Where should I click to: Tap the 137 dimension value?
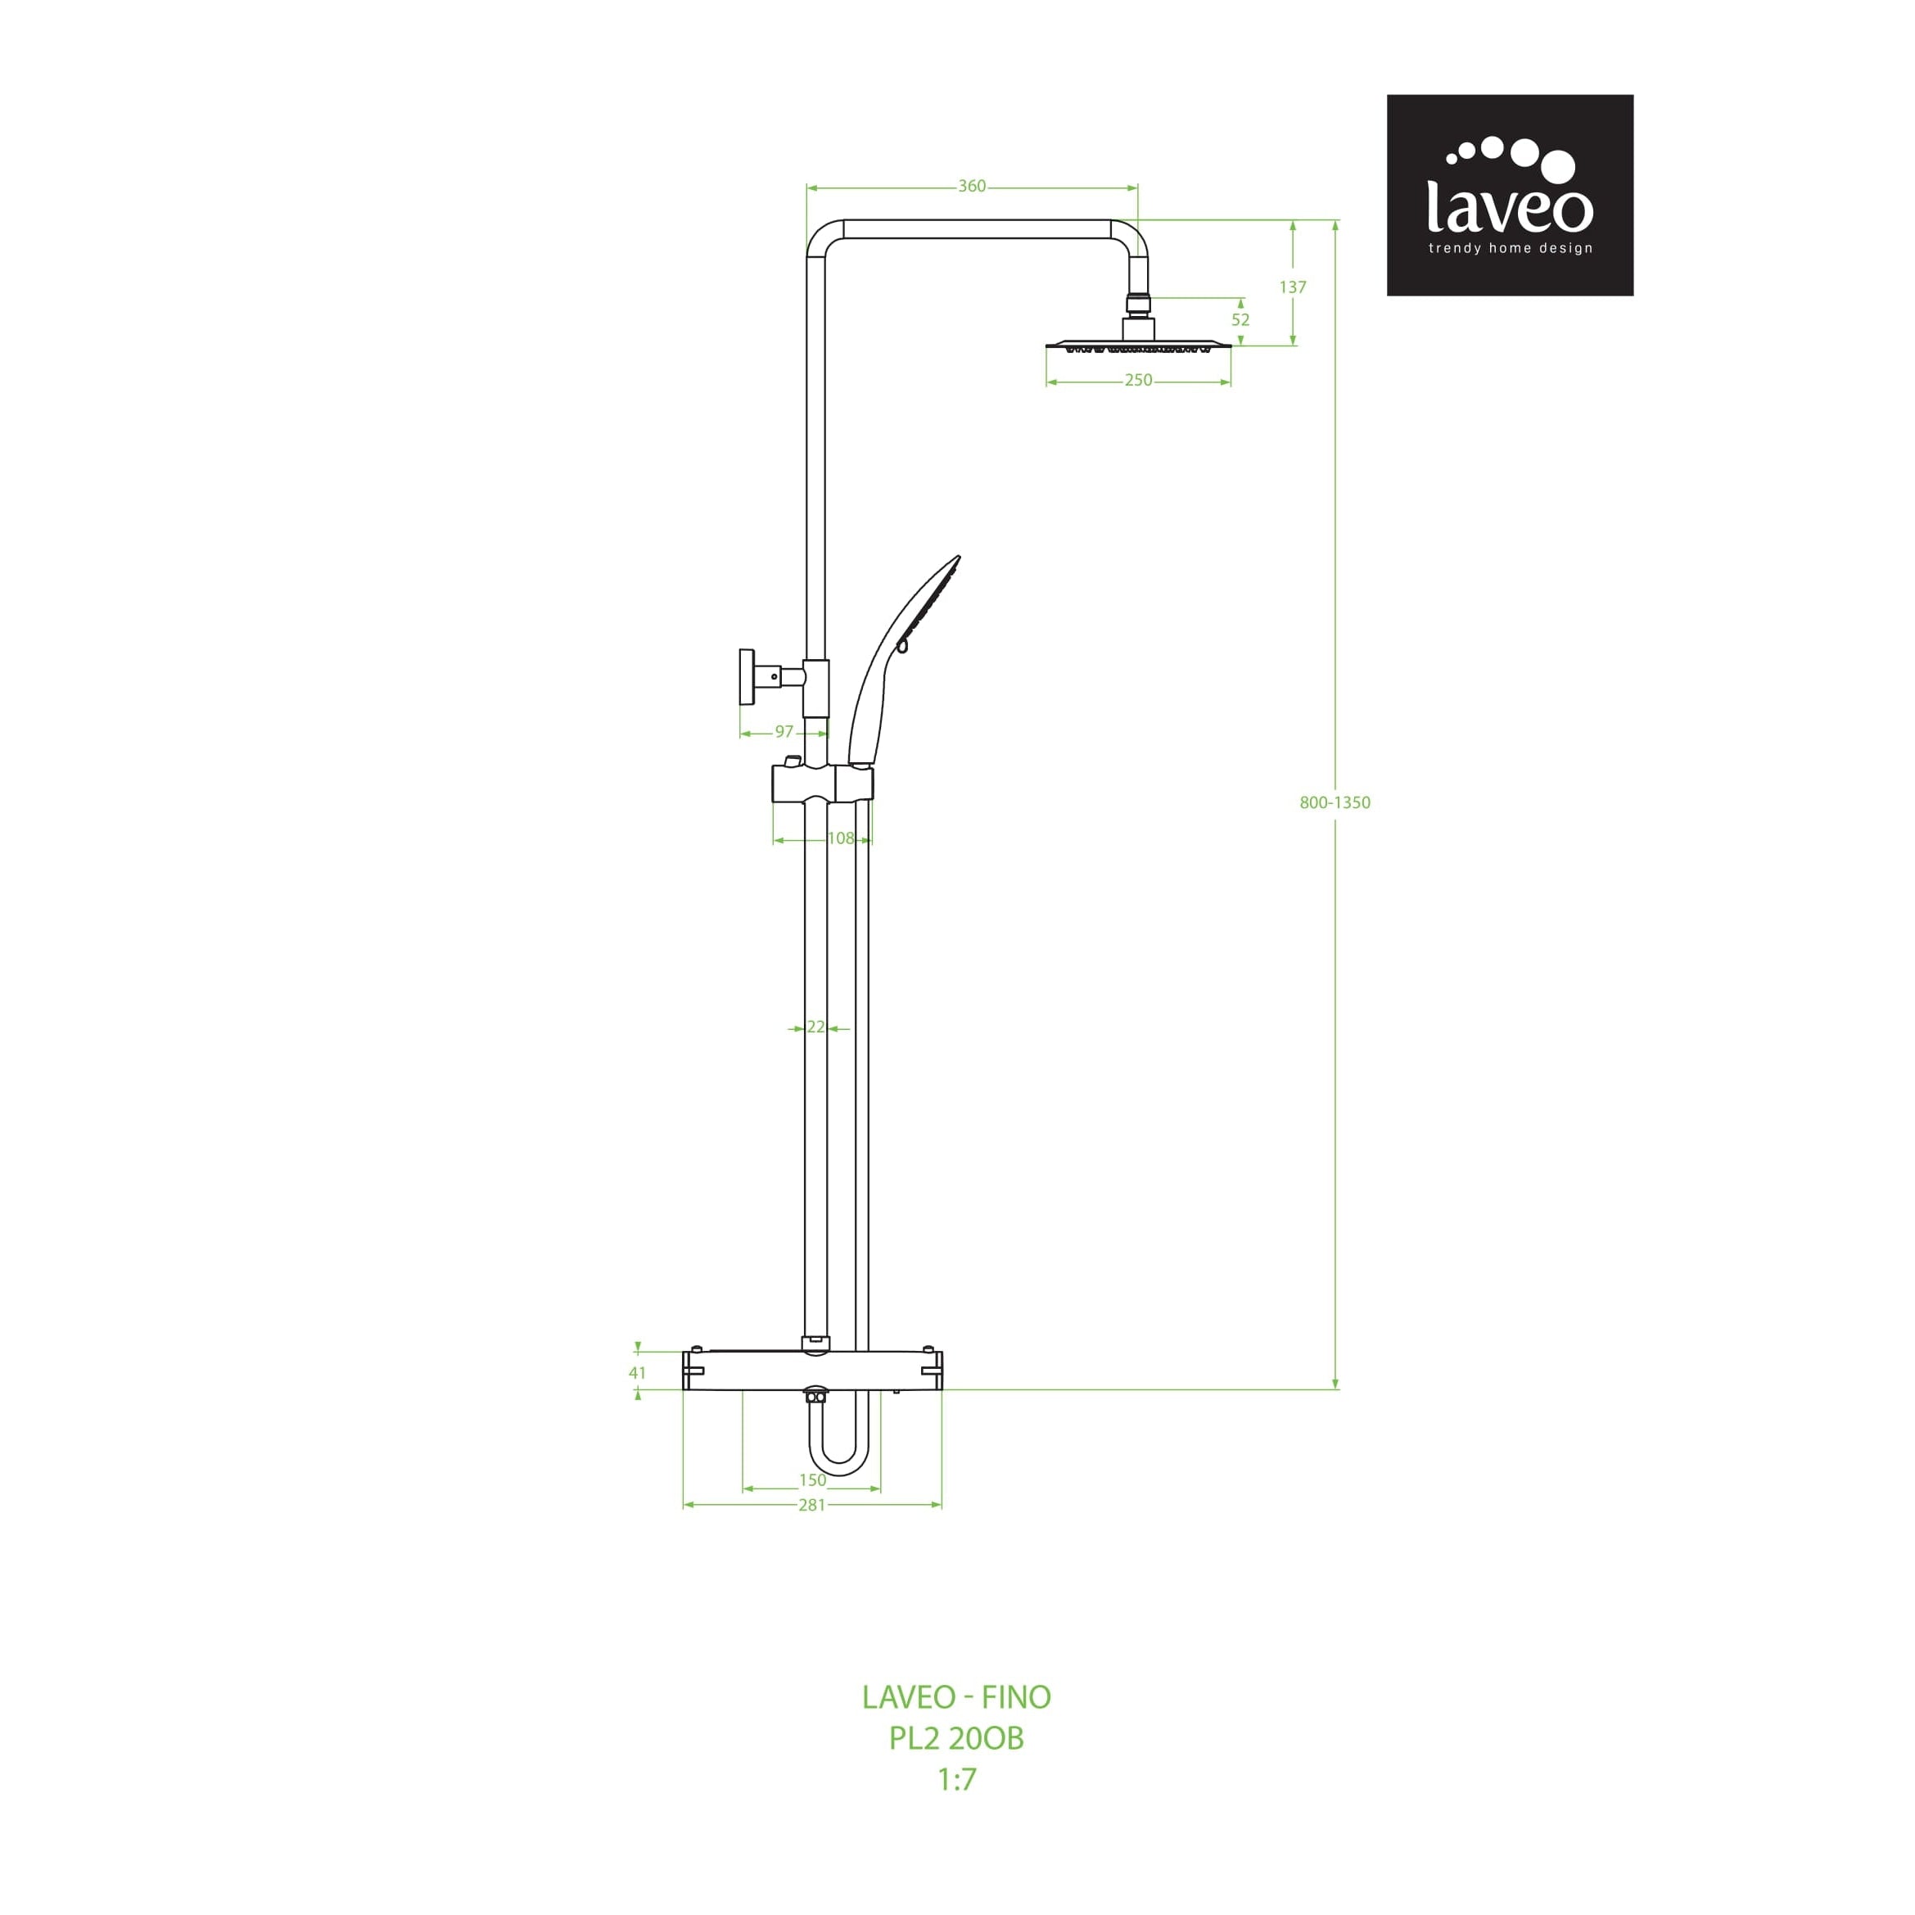coord(1293,287)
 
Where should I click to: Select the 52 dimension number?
coord(1240,320)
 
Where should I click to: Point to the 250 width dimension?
coord(1138,381)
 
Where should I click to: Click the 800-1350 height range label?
coord(1335,803)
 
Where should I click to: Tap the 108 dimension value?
coord(841,838)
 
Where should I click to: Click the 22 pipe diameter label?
coord(815,1028)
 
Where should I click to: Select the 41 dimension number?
coord(637,1373)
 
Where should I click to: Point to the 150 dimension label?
coord(812,1480)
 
